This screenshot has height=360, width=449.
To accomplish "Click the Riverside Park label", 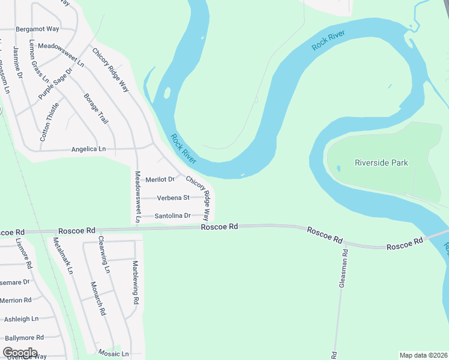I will [381, 163].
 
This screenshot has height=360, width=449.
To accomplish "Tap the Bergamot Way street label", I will [37, 29].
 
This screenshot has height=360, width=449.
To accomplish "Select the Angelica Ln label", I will [88, 149].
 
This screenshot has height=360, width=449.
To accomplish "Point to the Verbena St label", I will [173, 197].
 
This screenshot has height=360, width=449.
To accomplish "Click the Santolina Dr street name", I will [172, 215].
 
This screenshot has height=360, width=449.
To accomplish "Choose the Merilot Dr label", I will [160, 179].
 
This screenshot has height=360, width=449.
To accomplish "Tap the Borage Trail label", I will [96, 109].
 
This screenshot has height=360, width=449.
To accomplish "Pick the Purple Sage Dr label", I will [55, 83].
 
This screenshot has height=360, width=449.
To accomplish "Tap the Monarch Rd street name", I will [98, 298].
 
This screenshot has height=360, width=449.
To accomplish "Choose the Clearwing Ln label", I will [103, 255].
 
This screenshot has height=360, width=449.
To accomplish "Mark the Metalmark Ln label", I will [63, 256].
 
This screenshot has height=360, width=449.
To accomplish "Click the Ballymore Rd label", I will [22, 338].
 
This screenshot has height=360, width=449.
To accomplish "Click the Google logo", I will [20, 352].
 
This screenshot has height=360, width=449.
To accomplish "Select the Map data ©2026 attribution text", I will [423, 355].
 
